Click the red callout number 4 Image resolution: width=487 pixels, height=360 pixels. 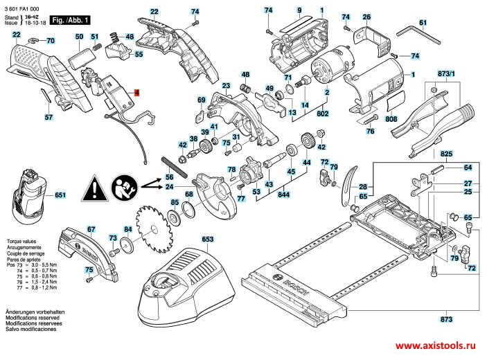point(136,92)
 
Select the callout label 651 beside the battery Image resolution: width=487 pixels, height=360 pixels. point(60,196)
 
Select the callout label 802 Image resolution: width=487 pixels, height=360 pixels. point(322,112)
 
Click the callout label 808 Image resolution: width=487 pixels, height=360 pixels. point(391,120)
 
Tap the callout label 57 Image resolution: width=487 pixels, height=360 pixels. point(48,118)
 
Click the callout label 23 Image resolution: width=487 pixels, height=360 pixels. point(226,85)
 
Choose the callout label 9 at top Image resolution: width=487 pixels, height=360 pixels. point(299,9)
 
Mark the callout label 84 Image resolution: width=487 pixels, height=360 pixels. point(127,228)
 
